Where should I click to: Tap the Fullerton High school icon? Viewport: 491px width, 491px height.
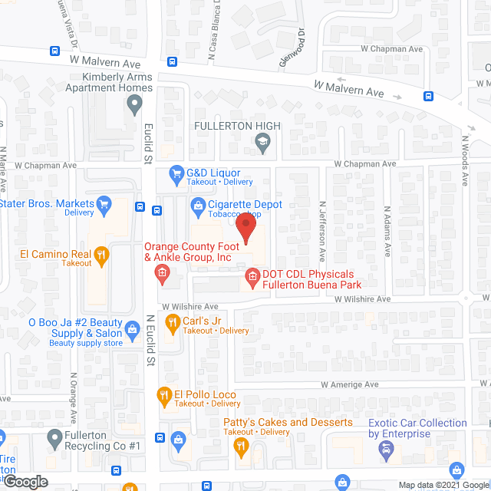coord(262,140)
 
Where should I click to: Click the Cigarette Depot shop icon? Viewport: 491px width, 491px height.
coord(199,205)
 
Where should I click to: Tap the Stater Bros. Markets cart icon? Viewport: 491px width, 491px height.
coord(104,204)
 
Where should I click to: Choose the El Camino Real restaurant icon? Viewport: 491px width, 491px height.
coord(101,254)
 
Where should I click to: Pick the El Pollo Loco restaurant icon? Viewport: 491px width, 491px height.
coord(164,396)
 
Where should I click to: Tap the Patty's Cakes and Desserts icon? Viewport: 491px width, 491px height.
coord(241,445)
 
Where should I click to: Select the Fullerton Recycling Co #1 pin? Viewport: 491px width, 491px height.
coord(54,438)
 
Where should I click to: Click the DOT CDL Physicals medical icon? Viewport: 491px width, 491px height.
coord(251,275)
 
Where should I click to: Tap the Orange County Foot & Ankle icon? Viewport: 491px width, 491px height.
coord(162,272)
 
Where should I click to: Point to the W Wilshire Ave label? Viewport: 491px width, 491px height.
coord(362,299)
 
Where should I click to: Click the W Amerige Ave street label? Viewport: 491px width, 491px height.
coord(350,384)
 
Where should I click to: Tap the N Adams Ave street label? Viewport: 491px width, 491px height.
coord(387,230)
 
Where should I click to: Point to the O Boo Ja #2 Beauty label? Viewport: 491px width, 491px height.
coord(74,328)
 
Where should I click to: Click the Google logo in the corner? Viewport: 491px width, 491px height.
coord(25,481)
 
